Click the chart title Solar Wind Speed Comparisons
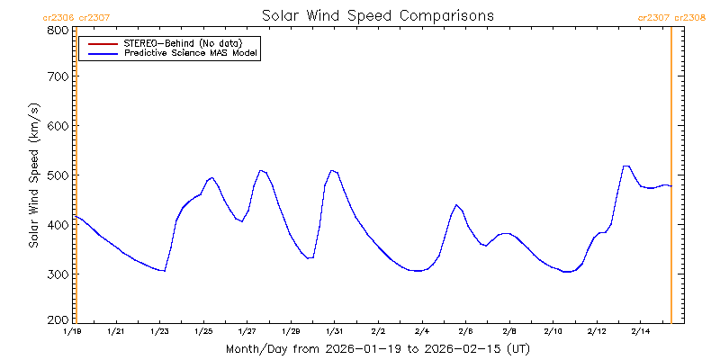click(x=377, y=16)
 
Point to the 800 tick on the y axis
click(x=58, y=30)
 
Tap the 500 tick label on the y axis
click(x=58, y=175)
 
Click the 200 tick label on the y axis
click(x=58, y=319)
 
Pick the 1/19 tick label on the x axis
click(x=72, y=332)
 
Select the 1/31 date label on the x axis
click(x=334, y=332)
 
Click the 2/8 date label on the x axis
click(x=508, y=332)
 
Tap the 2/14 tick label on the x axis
click(x=640, y=332)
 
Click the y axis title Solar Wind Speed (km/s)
click(x=33, y=175)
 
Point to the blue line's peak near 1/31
click(x=333, y=170)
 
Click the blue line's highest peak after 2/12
click(x=626, y=166)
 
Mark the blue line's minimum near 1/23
click(x=164, y=270)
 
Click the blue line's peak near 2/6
click(x=456, y=205)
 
